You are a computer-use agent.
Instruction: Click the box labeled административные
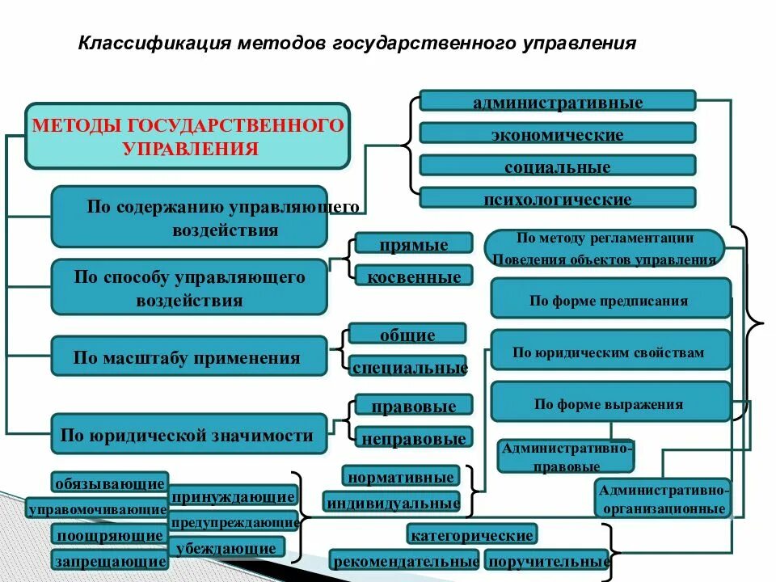click(557, 101)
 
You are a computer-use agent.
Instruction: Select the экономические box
click(557, 133)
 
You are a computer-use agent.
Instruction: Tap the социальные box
click(557, 166)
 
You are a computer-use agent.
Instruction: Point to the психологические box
click(557, 198)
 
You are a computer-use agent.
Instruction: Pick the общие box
click(407, 334)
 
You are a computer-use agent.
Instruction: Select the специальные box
click(409, 367)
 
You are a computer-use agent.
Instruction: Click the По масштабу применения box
click(188, 356)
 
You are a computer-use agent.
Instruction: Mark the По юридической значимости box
click(188, 434)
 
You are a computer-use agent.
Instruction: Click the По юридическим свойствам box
click(610, 351)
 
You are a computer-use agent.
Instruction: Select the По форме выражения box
click(610, 403)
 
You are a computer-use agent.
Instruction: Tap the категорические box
click(472, 534)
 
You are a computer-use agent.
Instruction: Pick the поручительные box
click(546, 559)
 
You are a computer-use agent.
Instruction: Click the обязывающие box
click(109, 483)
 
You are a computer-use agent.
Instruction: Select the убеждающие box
click(227, 547)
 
